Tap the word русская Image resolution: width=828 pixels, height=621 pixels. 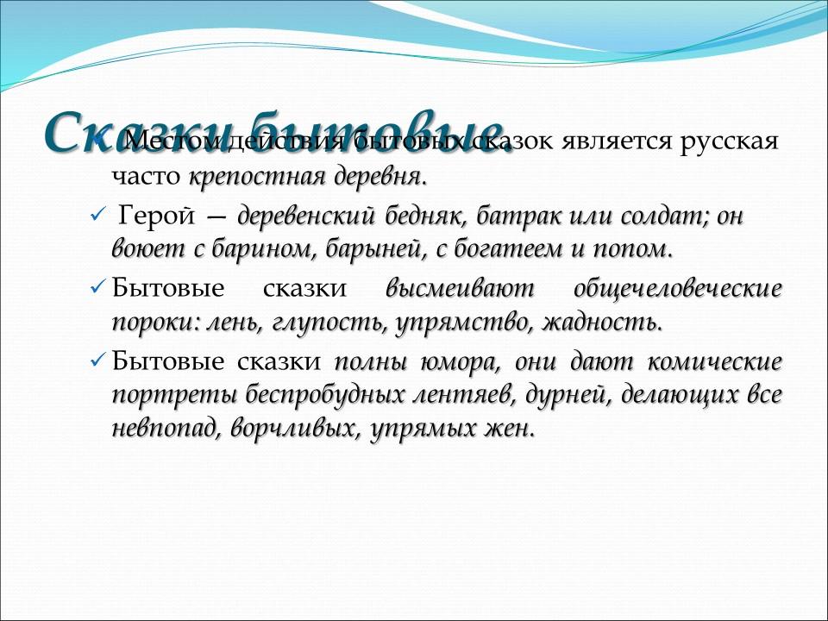click(729, 141)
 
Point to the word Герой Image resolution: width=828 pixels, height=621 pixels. click(150, 215)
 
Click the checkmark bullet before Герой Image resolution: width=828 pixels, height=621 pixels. click(97, 215)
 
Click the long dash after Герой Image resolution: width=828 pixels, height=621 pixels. click(215, 216)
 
